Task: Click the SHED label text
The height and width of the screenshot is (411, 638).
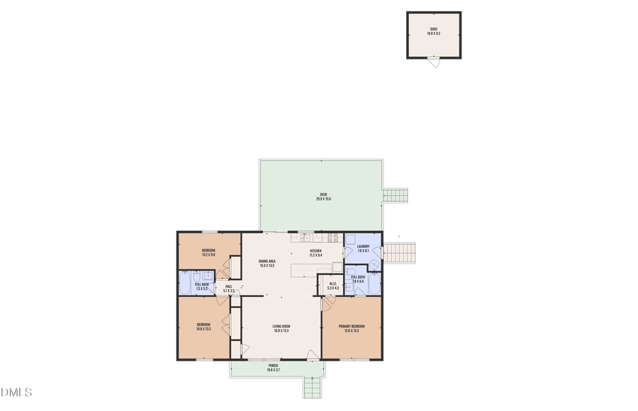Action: point(433,29)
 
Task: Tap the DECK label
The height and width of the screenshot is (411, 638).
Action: point(323,195)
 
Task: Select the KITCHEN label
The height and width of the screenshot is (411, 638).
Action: point(315,251)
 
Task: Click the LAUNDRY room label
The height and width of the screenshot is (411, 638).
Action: point(363,247)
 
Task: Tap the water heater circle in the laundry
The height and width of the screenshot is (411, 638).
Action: point(374,264)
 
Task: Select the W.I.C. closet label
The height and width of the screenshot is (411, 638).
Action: point(332,284)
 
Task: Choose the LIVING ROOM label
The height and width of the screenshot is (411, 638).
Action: point(281,326)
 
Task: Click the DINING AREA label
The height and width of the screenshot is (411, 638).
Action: point(267,261)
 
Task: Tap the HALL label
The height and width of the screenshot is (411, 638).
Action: point(228,286)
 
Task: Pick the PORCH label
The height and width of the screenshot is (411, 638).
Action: point(273,366)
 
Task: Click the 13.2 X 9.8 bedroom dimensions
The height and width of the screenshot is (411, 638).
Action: point(208,254)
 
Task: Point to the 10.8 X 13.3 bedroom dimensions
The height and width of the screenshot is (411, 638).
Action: point(203,329)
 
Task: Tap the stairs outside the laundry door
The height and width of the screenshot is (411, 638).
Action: point(403,252)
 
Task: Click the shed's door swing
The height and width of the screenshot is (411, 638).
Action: point(436,63)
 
